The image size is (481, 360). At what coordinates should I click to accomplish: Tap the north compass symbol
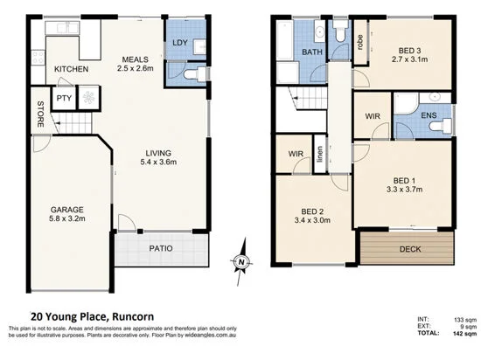pos(241,260)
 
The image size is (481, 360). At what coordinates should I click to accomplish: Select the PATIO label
pos(160,249)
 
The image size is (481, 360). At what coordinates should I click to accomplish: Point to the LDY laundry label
pos(181,43)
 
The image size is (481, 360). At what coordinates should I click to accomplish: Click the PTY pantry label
pos(64,99)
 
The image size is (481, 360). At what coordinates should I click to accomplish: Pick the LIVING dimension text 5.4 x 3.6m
pos(159,161)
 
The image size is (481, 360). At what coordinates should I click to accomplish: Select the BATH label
pos(313,53)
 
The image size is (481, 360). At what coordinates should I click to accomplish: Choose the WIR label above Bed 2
pos(295,156)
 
